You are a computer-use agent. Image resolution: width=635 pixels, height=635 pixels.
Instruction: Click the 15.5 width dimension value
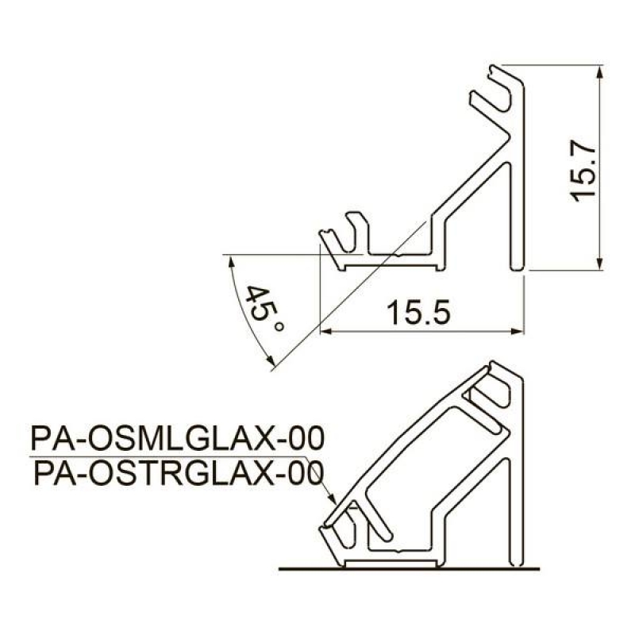tap(418, 313)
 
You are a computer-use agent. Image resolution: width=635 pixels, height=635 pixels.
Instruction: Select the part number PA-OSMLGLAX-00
tap(177, 439)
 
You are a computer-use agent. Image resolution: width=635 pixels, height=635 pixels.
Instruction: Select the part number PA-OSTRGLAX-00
tap(179, 473)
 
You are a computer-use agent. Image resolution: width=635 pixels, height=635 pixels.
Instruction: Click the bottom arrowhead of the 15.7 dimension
tap(600, 262)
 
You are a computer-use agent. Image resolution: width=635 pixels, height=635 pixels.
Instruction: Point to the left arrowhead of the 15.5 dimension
tap(327, 332)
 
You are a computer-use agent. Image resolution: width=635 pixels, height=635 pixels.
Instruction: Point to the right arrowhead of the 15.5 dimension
tap(518, 332)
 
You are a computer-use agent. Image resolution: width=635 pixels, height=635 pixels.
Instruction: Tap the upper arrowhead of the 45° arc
tap(231, 263)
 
